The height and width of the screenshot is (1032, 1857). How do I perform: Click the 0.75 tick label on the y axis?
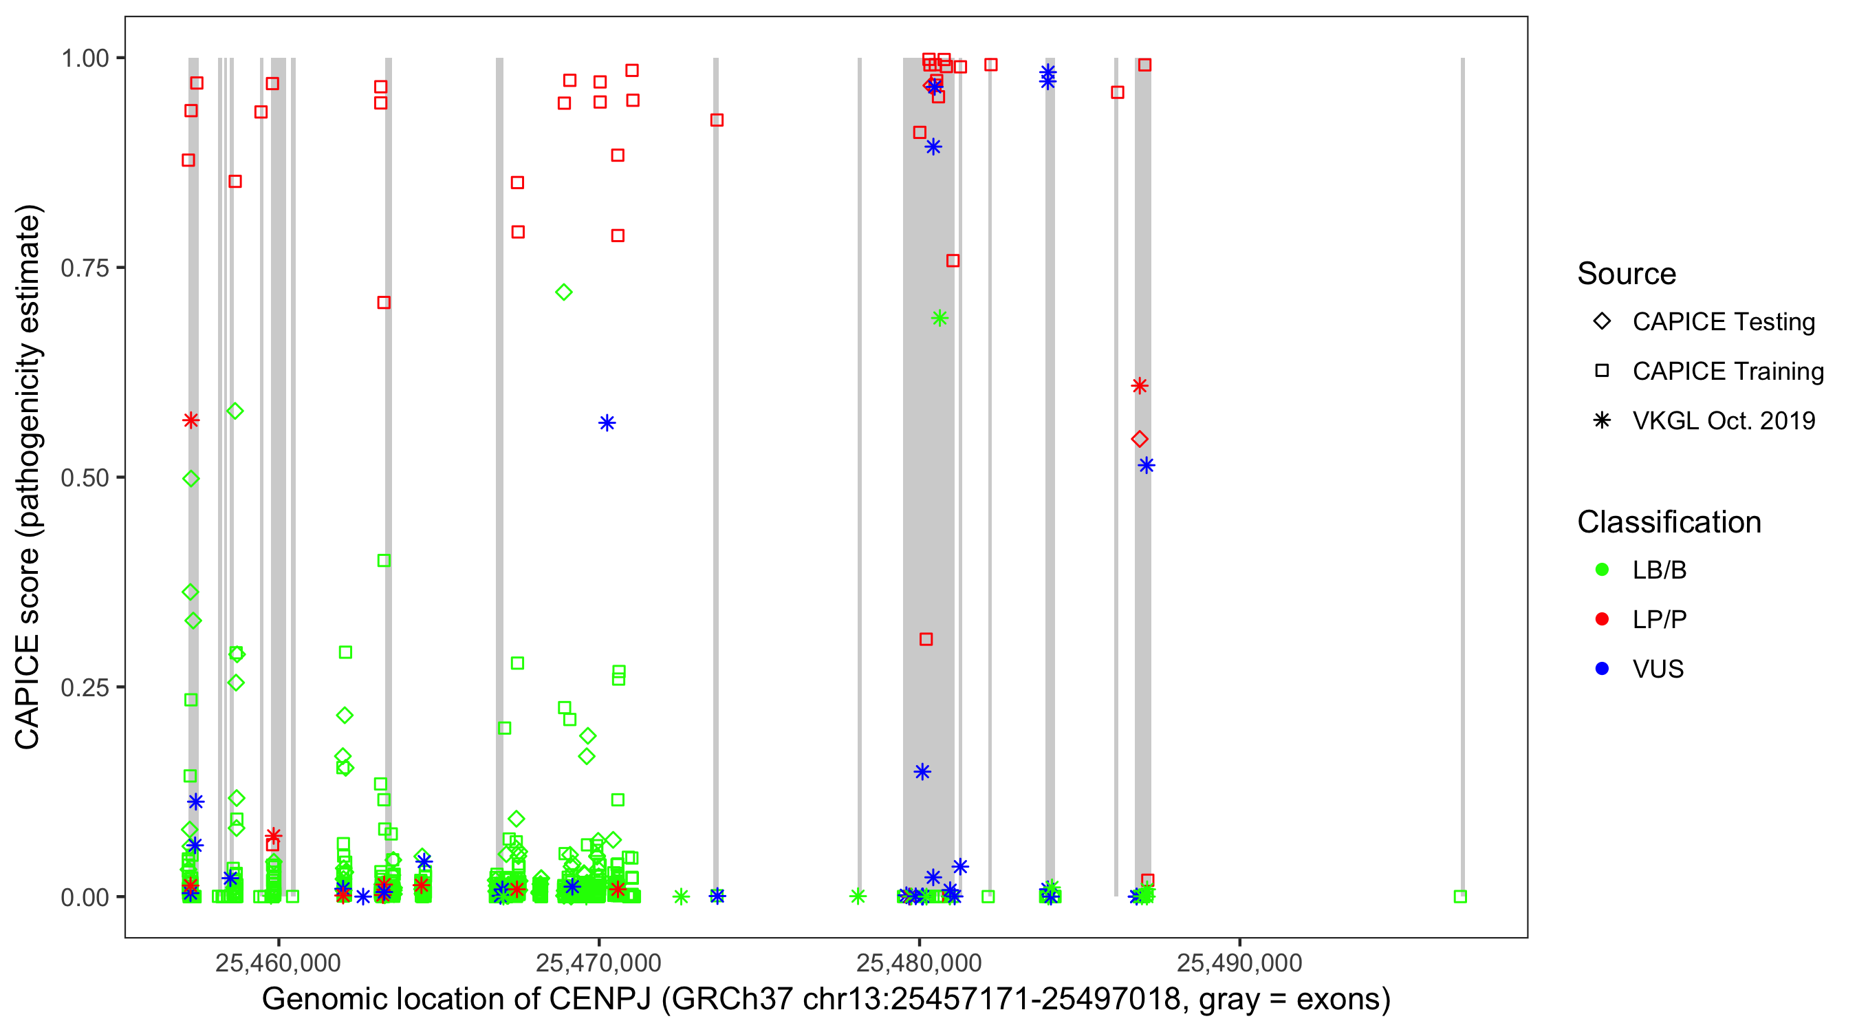click(85, 268)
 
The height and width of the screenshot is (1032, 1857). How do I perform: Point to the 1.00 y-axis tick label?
click(85, 58)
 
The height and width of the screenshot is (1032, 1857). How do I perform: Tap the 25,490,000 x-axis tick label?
click(1239, 963)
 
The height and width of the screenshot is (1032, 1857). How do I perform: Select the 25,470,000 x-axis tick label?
click(598, 963)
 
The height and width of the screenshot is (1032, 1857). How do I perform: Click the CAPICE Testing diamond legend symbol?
click(1602, 322)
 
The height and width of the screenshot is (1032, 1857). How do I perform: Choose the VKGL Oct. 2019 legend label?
click(1724, 420)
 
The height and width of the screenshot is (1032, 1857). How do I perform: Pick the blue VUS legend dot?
click(1602, 669)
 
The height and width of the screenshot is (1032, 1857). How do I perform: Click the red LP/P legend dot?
click(1602, 619)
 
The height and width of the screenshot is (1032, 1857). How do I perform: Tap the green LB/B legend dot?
click(1602, 570)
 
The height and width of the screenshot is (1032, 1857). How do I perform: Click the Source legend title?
click(1627, 274)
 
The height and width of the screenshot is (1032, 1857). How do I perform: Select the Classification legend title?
click(1669, 522)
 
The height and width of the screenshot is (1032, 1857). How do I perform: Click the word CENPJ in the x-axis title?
click(600, 1000)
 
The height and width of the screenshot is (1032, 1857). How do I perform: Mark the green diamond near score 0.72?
click(564, 292)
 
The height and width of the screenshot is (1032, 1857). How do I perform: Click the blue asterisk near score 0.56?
click(607, 422)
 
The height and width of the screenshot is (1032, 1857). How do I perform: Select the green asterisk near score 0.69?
click(940, 318)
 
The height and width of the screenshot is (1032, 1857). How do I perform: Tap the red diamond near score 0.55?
click(1140, 439)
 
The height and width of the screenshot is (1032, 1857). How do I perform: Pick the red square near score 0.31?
click(926, 639)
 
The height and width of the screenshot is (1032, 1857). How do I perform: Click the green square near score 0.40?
click(384, 560)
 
